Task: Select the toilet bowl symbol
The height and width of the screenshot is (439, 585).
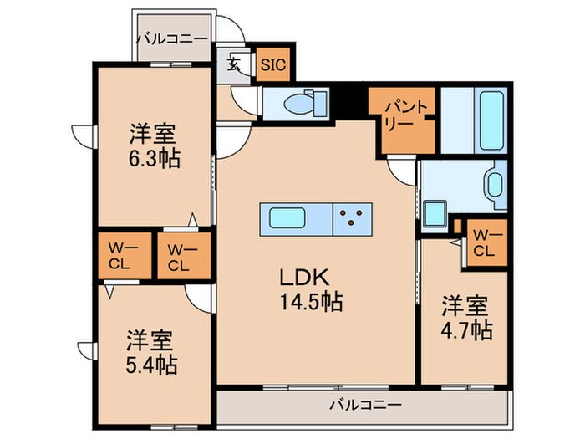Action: (297, 105)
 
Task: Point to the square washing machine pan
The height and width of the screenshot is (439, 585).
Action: (435, 214)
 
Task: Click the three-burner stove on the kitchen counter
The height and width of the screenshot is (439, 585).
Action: (352, 220)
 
